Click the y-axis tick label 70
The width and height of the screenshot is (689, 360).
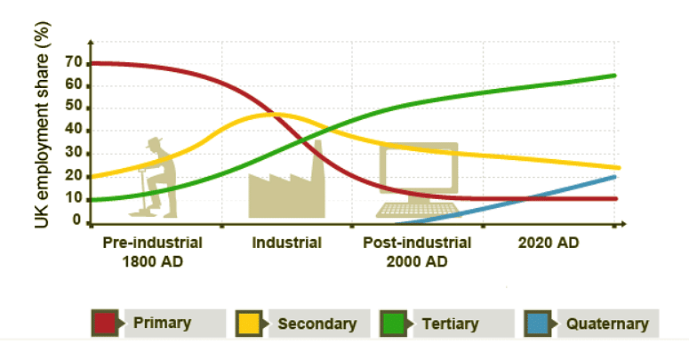coord(73,63)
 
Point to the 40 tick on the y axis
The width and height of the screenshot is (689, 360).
coord(73,131)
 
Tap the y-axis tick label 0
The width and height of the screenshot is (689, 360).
coord(77,220)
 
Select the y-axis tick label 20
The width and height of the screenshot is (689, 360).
coord(73,176)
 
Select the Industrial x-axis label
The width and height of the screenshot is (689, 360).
coord(286,243)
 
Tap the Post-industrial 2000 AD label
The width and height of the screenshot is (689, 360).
coord(417,252)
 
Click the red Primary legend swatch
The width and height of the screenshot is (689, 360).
coord(106,324)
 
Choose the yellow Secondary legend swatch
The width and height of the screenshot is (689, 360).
coord(250,324)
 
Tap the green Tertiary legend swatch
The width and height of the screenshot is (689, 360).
coord(393,324)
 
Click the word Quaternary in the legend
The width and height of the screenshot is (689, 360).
coord(607,324)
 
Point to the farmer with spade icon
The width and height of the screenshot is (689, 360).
coord(154,178)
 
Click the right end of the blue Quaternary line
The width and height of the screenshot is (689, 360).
coord(615,177)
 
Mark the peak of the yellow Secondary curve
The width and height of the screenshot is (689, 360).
coord(274,114)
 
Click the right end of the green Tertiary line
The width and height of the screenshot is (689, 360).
coord(615,76)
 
